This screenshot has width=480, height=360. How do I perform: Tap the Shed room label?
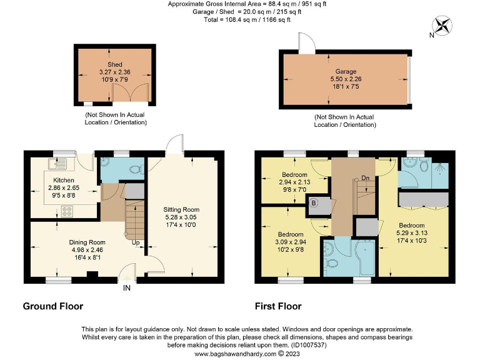click(x=114, y=64)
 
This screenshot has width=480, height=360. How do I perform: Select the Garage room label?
click(x=346, y=72)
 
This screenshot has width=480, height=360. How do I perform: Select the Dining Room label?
click(x=87, y=242)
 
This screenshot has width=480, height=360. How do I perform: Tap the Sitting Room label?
click(x=181, y=209)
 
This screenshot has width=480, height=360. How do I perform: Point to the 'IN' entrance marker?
click(x=127, y=289)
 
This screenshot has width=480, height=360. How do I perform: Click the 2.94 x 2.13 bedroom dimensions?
click(x=294, y=182)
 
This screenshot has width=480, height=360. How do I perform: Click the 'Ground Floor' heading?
click(x=52, y=306)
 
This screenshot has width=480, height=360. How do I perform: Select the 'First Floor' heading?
click(x=277, y=306)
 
